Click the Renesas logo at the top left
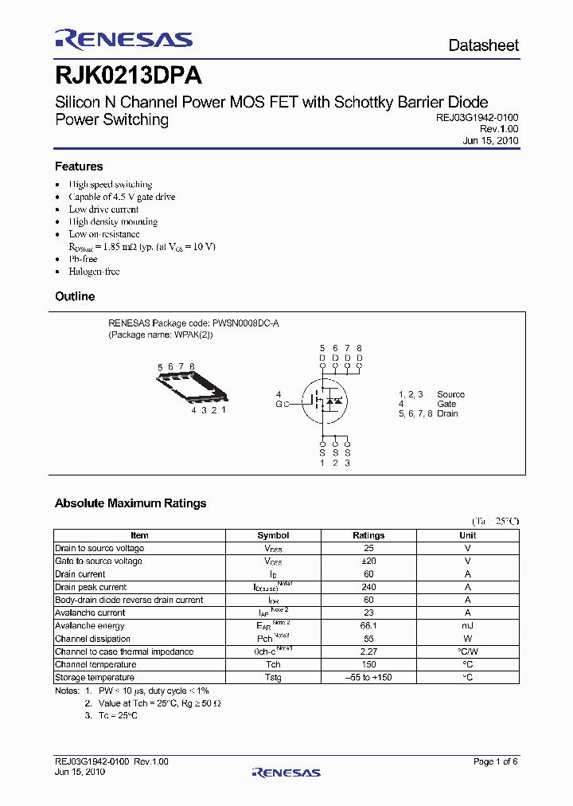pyautogui.click(x=123, y=40)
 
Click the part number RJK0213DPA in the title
pyautogui.click(x=127, y=76)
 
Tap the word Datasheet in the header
pyautogui.click(x=483, y=45)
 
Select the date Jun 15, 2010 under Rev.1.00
pyautogui.click(x=490, y=140)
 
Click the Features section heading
pyautogui.click(x=79, y=166)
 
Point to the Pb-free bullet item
pyautogui.click(x=83, y=259)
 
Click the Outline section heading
pyautogui.click(x=75, y=296)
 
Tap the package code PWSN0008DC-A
pyautogui.click(x=245, y=323)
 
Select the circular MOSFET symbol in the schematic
pyautogui.click(x=325, y=401)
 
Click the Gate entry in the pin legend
pyautogui.click(x=446, y=404)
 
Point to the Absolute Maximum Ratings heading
pyautogui.click(x=131, y=503)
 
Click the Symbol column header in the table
pyautogui.click(x=273, y=535)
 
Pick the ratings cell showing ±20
pyautogui.click(x=368, y=561)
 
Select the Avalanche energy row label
pyautogui.click(x=90, y=626)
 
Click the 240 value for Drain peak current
pyautogui.click(x=368, y=587)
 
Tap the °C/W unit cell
pyautogui.click(x=468, y=651)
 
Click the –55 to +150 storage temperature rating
pyautogui.click(x=368, y=678)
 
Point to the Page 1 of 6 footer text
pyautogui.click(x=495, y=762)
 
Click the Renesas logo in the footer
pyautogui.click(x=286, y=772)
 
